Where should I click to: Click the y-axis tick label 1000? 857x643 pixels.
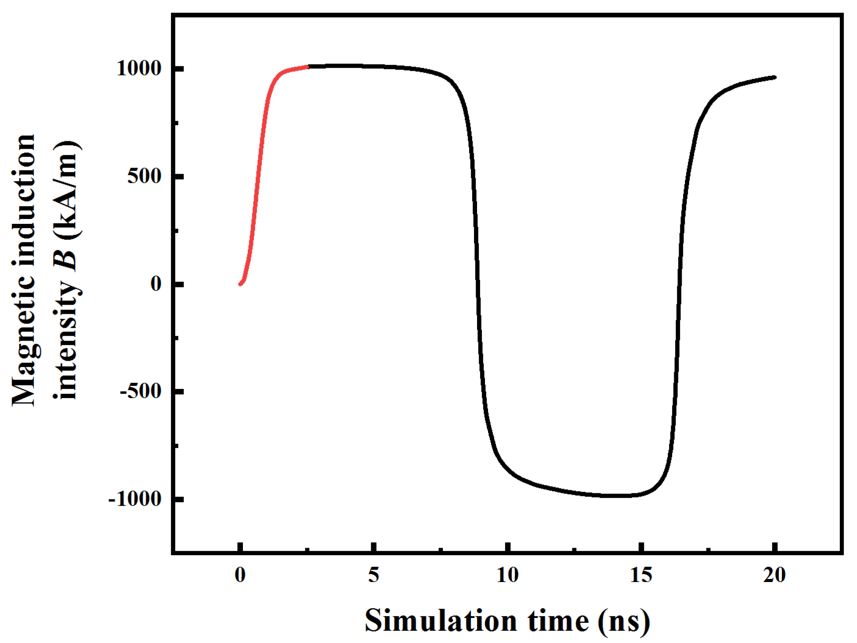click(x=139, y=68)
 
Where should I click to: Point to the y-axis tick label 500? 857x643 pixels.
click(x=145, y=176)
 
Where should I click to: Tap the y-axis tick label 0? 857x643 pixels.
click(x=156, y=284)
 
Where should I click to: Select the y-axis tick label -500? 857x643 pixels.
click(x=141, y=391)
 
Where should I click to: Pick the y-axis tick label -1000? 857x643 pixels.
click(x=135, y=499)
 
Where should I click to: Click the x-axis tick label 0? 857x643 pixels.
click(x=240, y=575)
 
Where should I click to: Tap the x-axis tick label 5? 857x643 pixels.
click(x=374, y=575)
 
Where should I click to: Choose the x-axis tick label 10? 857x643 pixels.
click(x=508, y=575)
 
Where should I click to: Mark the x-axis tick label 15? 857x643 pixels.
click(x=641, y=575)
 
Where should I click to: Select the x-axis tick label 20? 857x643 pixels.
click(x=774, y=575)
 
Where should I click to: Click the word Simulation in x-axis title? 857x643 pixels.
click(x=441, y=621)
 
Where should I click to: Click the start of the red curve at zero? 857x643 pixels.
click(x=240, y=284)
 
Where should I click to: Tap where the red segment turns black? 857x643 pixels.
click(x=308, y=67)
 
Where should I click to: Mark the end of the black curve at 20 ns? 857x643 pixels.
click(x=774, y=77)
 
